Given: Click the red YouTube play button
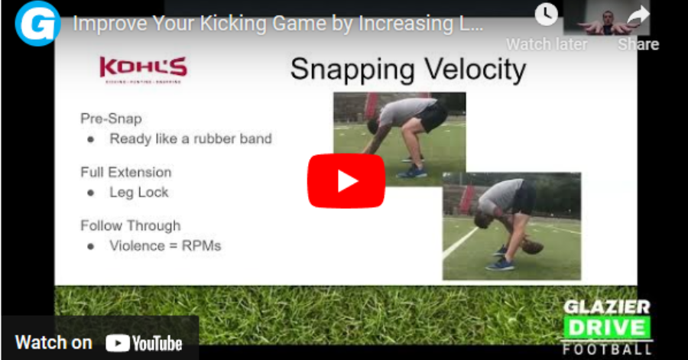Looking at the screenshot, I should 346,181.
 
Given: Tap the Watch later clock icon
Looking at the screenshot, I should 546,15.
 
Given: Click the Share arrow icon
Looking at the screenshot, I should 638,15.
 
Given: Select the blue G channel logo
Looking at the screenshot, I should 37,24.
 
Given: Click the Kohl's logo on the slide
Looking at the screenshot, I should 143,69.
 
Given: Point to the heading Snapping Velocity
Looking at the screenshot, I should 407,70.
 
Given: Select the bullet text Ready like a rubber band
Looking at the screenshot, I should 190,139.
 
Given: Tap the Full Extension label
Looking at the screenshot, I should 125,172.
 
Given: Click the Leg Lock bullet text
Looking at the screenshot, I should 139,193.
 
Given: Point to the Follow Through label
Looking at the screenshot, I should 130,225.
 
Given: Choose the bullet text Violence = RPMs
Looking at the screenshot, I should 164,246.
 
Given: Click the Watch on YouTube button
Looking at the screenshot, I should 99,342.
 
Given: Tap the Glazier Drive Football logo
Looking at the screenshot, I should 607,327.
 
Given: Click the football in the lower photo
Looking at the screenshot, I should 532,248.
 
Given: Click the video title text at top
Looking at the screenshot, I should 278,23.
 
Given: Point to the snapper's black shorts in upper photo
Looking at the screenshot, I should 433,117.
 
